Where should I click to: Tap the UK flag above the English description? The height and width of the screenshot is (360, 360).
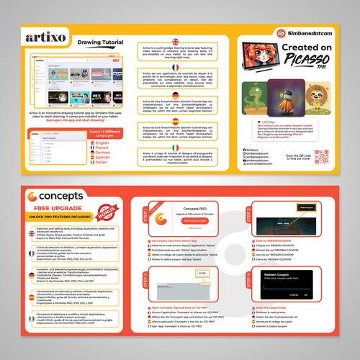174,40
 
